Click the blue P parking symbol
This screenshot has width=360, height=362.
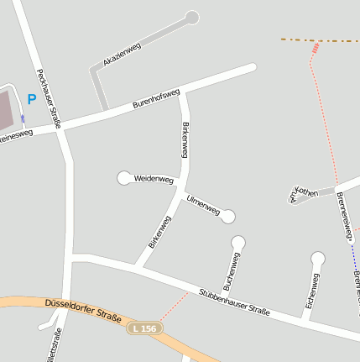click(x=31, y=99)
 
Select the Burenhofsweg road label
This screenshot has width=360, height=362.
click(x=156, y=99)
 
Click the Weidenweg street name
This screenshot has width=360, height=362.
click(x=154, y=179)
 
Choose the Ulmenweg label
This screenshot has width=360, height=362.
click(x=203, y=206)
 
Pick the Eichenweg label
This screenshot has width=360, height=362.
click(x=312, y=291)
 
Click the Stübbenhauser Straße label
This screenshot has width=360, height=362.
click(x=234, y=302)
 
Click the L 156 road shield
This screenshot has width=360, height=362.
click(x=143, y=328)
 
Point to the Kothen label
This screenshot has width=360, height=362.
click(x=306, y=193)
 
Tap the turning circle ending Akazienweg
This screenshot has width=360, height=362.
click(x=192, y=17)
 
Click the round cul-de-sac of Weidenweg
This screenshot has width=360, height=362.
click(x=124, y=177)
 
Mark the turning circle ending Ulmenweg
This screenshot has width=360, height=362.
click(x=228, y=217)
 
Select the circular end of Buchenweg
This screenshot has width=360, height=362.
click(x=238, y=243)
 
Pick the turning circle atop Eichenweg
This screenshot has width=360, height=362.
click(x=318, y=258)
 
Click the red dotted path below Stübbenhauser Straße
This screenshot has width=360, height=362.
click(x=173, y=307)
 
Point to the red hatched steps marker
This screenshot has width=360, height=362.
click(x=316, y=48)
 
